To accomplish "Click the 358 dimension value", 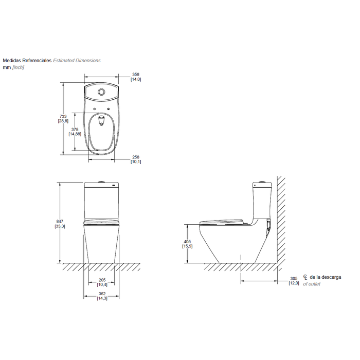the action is [x=136, y=75].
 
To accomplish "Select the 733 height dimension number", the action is [x=63, y=116].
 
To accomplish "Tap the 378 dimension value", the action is [x=75, y=130].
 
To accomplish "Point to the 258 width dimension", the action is [x=136, y=157].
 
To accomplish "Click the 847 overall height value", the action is [x=60, y=222].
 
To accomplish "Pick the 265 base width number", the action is [x=102, y=280].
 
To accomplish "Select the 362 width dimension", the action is [x=102, y=294].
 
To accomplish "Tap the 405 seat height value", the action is [x=187, y=242].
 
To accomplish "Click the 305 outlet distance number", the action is [x=294, y=279].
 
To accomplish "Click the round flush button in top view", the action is [x=101, y=92].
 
